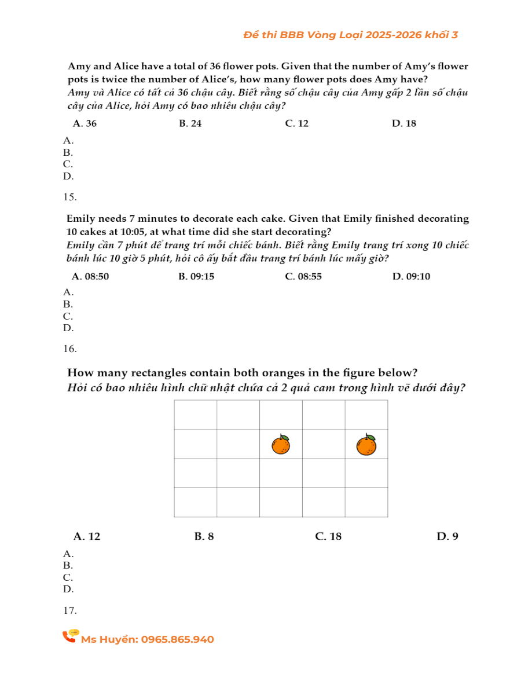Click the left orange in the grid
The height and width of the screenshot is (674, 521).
281,445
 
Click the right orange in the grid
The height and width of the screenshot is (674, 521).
366,445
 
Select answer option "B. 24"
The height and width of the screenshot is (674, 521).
190,123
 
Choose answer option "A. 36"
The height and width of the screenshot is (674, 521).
85,123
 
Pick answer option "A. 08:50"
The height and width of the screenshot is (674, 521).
90,276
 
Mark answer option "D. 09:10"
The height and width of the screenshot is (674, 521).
411,276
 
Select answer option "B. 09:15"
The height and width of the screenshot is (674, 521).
197,276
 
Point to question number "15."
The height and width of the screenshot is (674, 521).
70,197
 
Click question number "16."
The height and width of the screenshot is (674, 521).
70,349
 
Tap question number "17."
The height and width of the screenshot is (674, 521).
70,610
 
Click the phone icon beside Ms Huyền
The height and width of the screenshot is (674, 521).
71,636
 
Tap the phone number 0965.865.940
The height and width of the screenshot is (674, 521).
177,639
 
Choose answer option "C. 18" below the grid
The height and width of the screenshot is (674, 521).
328,536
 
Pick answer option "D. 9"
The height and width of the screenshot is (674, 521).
447,536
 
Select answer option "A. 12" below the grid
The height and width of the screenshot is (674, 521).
87,536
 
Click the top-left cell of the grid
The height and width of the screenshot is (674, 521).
195,415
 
